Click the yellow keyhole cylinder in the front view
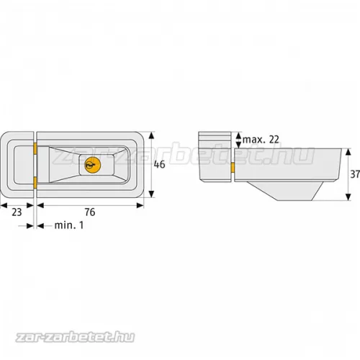[x=93, y=165]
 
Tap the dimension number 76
[x=90, y=212]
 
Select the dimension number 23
[x=17, y=212]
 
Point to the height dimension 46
[x=159, y=164]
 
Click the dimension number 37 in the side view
[x=355, y=174]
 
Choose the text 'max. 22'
[x=261, y=140]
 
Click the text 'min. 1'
[x=69, y=225]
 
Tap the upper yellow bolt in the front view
[x=35, y=149]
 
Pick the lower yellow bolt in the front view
[x=35, y=182]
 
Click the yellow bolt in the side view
[x=233, y=167]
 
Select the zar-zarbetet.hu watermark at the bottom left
[x=75, y=337]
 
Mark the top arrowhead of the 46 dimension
[x=151, y=135]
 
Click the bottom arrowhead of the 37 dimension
[x=348, y=197]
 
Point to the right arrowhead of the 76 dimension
[x=140, y=205]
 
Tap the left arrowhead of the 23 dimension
[x=4, y=205]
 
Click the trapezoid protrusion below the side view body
[x=284, y=191]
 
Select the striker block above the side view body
[x=215, y=157]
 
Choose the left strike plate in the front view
[x=17, y=165]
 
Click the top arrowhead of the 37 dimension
[x=348, y=152]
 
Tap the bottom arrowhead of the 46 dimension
[x=151, y=194]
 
